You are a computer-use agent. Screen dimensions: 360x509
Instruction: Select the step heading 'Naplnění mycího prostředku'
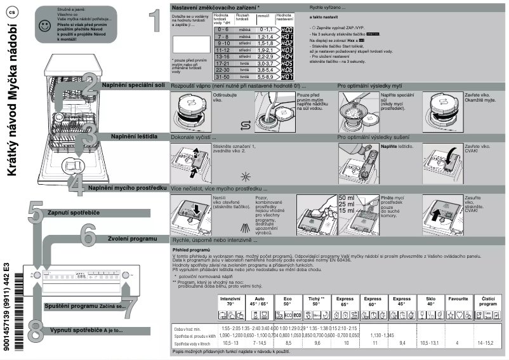click(128, 188)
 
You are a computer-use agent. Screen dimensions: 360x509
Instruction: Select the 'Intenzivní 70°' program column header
click(231, 301)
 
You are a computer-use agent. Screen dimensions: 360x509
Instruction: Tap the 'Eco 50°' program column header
click(288, 301)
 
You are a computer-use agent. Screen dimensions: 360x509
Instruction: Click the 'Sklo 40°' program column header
click(430, 301)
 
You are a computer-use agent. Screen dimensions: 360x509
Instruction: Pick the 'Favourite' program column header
click(458, 298)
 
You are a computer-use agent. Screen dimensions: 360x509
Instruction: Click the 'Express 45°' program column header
click(402, 301)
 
